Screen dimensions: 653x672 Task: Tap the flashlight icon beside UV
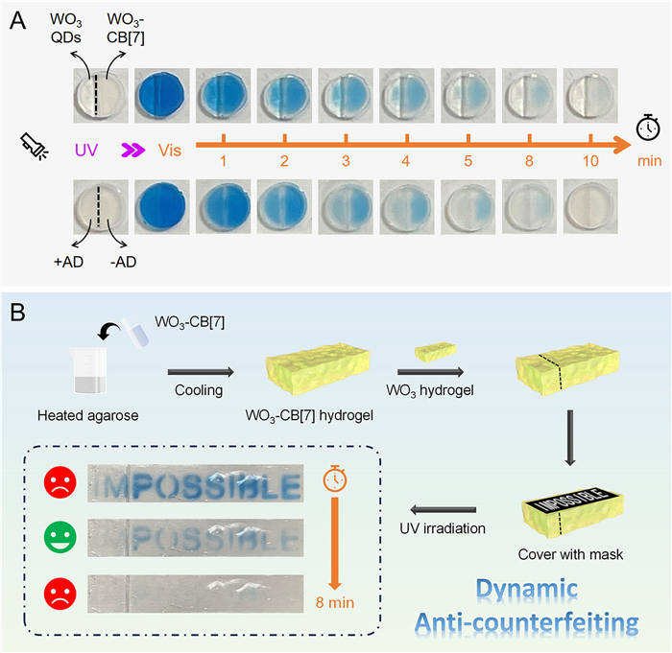pyautogui.click(x=33, y=146)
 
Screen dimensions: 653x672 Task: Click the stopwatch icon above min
pyautogui.click(x=648, y=127)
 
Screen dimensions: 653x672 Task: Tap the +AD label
pyautogui.click(x=68, y=258)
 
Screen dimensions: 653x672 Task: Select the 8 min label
pyautogui.click(x=334, y=605)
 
